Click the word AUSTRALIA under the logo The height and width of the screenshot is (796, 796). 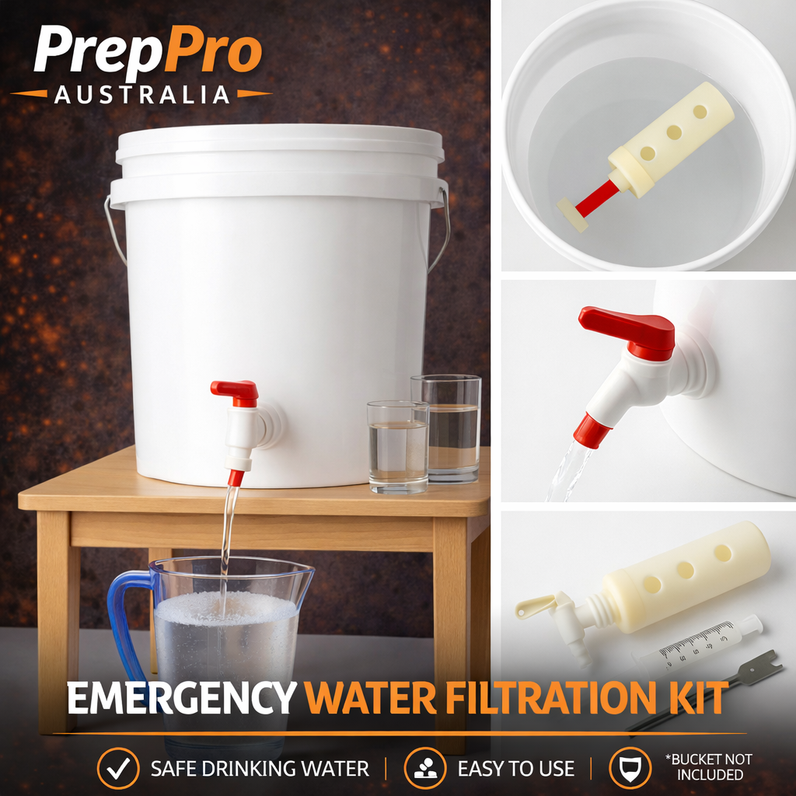point(141,95)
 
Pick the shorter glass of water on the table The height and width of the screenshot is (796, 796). point(397,446)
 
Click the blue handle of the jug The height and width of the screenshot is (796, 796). point(122,622)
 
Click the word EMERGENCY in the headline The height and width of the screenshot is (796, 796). point(180,698)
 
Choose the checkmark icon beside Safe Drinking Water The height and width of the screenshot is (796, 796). point(118,769)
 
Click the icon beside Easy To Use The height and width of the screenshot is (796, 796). point(424,769)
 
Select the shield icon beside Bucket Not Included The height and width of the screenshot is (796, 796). point(630,769)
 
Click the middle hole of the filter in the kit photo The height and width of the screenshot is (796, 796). point(685,570)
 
